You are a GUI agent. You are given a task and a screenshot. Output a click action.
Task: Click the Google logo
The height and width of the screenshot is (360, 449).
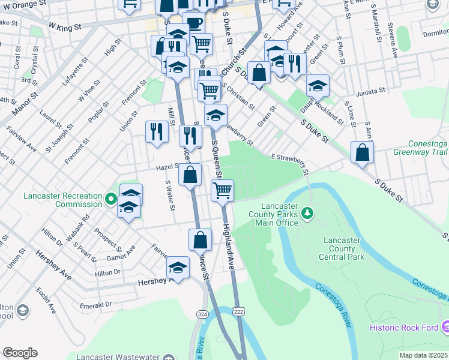tap(20, 353)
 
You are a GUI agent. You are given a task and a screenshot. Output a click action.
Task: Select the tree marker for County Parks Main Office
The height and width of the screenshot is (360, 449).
tap(307, 212)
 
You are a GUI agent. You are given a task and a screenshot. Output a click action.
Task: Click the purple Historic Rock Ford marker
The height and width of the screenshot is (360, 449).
tap(445, 327)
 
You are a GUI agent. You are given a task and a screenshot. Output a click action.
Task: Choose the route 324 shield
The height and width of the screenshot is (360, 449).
tap(202, 314)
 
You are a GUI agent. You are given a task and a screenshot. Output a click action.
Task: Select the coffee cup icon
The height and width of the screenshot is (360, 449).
tap(193, 23)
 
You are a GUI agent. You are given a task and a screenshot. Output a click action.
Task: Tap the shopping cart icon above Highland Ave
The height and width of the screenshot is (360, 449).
tap(222, 190)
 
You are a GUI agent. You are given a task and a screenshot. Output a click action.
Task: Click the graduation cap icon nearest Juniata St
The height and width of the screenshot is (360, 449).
tap(318, 85)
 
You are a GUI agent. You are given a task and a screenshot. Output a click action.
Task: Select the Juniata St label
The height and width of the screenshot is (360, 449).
tap(370, 92)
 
